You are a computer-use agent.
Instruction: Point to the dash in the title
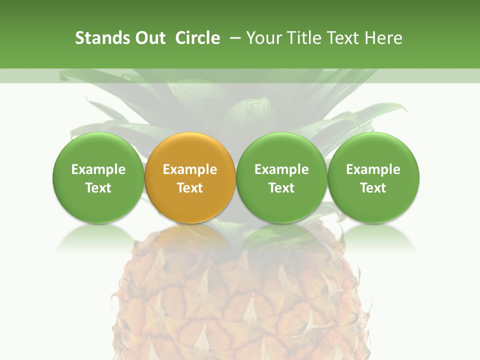pos(233,38)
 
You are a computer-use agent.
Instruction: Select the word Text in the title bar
pos(342,38)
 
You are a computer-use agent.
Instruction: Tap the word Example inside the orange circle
pos(190,169)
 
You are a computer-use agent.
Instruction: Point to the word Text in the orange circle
pos(190,188)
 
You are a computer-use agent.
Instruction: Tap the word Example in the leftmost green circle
pos(98,169)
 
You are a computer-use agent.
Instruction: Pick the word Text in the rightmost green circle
pos(373,188)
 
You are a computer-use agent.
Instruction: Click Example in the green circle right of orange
pos(281,169)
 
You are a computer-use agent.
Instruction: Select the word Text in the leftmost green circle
pos(98,188)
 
